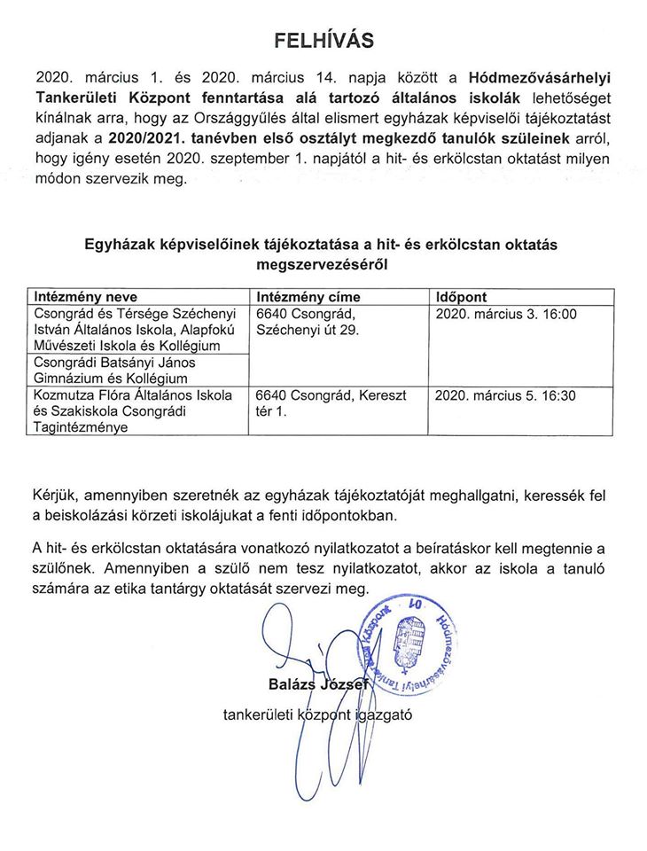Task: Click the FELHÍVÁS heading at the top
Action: click(323, 40)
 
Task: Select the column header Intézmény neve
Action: click(85, 297)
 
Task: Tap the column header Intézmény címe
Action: click(307, 297)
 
